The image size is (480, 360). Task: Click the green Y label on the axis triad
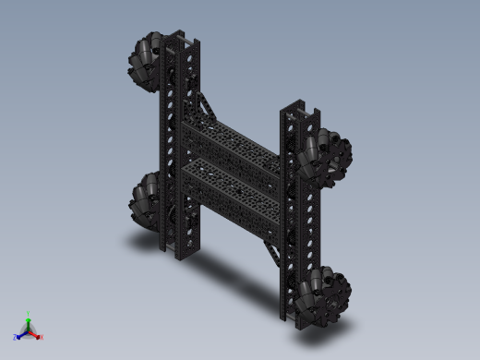point(29,313)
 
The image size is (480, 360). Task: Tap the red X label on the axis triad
point(42,337)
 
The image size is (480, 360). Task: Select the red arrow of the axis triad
point(35,334)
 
